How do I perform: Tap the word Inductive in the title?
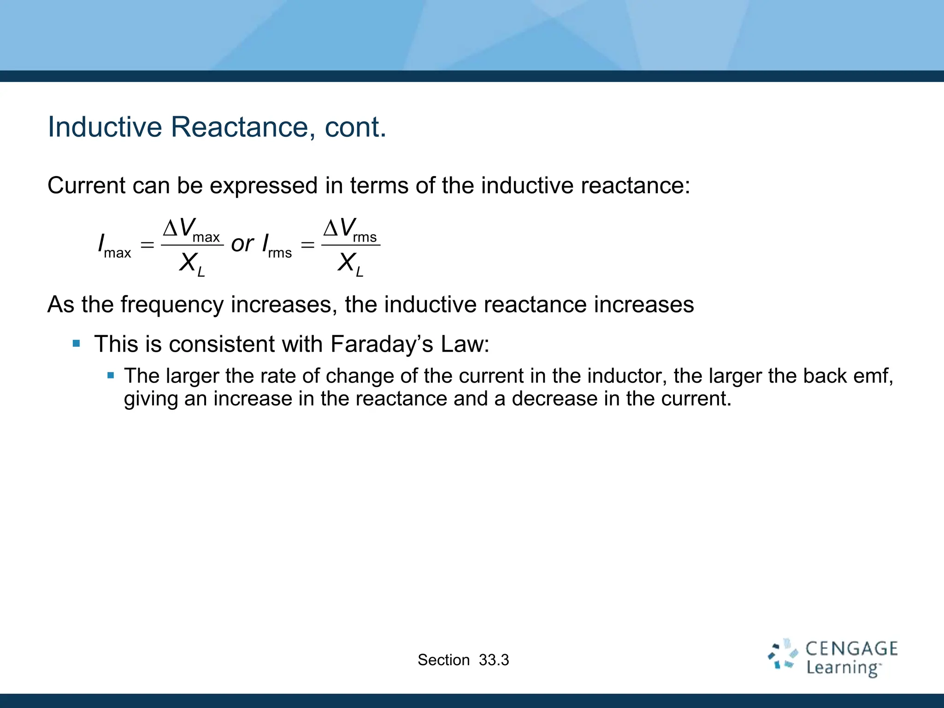(105, 127)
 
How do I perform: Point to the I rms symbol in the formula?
(277, 246)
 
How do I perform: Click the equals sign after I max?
(147, 245)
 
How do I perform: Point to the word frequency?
(172, 305)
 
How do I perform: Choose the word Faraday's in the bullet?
(382, 344)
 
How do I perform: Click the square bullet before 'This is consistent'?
(77, 343)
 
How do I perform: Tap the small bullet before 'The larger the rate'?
(111, 375)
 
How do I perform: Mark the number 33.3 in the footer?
(494, 660)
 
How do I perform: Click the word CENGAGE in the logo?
(851, 649)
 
